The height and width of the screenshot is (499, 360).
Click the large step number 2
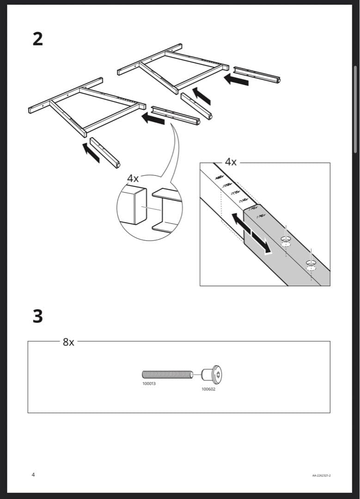pos(38,38)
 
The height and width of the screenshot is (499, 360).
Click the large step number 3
pos(38,316)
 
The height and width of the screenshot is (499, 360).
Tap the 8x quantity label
pos(68,342)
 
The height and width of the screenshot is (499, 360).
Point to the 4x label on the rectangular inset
pos(231,162)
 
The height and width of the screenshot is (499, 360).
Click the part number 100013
pos(149,383)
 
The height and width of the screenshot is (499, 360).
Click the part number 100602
pos(208,389)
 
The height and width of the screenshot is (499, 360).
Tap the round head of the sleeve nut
pos(216,373)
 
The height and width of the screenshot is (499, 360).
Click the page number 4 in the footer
pos(33,475)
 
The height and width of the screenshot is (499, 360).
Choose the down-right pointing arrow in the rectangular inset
pos(262,243)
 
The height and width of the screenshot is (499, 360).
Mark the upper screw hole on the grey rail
pos(286,240)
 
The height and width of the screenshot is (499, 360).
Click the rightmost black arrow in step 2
pos(236,80)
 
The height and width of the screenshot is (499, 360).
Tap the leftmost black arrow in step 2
pos(91,153)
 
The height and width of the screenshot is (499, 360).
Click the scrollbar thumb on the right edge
pos(355,109)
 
